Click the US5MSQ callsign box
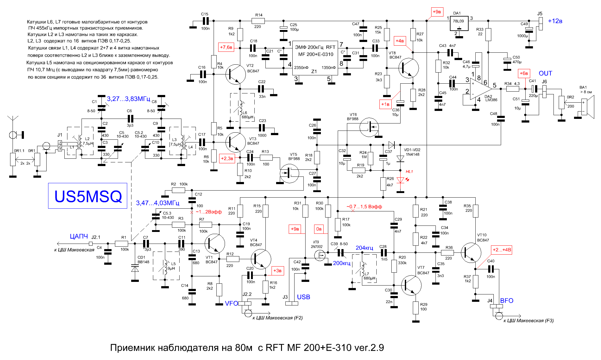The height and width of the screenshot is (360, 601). point(88,196)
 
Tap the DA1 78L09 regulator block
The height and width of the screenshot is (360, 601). point(459,23)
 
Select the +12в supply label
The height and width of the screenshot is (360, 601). point(555,21)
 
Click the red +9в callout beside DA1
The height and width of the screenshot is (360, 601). point(437,12)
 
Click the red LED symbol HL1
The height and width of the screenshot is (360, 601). point(401,180)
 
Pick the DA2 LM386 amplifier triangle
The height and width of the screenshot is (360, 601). point(481,89)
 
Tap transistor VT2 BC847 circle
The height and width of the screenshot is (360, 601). point(235,74)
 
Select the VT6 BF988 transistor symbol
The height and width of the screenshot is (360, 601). point(369,127)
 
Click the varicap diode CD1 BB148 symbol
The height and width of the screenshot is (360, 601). point(135,269)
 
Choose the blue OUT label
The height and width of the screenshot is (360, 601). point(545,73)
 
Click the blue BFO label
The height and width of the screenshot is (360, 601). point(507,301)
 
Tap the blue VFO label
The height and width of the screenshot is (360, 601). point(231,303)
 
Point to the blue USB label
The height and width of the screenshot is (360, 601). point(303,297)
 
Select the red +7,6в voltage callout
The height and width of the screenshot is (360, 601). point(226,47)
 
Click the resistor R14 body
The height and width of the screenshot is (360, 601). point(258,21)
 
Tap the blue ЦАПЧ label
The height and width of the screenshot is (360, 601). point(79,237)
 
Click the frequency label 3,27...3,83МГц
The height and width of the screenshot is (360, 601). point(128,99)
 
